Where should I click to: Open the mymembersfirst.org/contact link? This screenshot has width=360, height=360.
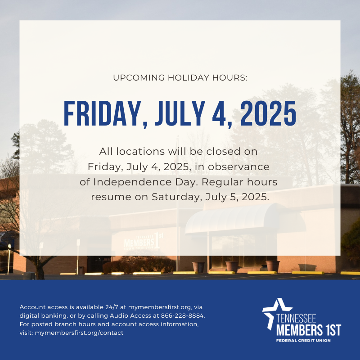(79, 333)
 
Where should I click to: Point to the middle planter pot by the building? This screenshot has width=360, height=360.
(231, 266)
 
